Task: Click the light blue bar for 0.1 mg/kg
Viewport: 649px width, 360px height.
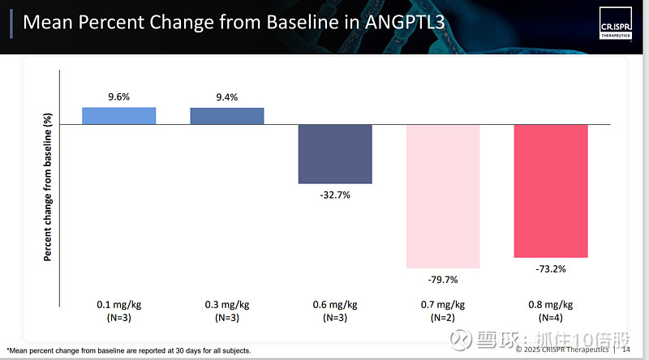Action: [118, 116]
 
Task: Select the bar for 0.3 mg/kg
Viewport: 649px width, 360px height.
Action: [227, 116]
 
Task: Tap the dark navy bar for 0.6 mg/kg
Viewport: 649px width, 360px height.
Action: [335, 154]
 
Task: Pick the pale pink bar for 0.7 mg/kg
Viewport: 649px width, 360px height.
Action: [443, 196]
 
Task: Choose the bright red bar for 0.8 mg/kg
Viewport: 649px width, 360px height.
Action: [551, 191]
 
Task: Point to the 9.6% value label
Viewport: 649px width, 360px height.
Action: [119, 97]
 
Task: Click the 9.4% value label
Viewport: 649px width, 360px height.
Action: [227, 97]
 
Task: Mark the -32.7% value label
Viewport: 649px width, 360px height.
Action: [335, 195]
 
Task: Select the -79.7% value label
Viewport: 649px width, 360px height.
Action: [443, 280]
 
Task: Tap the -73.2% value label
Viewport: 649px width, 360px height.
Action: [551, 268]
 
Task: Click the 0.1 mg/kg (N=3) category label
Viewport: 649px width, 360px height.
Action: [118, 311]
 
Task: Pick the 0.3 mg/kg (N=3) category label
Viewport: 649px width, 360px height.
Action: [227, 311]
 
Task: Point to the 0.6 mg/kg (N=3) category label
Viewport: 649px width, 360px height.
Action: [335, 311]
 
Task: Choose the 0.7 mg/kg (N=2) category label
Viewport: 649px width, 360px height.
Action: [443, 311]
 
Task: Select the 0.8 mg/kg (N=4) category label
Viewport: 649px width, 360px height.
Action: [551, 311]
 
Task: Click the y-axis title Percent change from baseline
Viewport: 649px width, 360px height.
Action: [48, 186]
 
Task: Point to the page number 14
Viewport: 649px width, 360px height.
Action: [625, 349]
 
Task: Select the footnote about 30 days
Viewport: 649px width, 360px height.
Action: [129, 350]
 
